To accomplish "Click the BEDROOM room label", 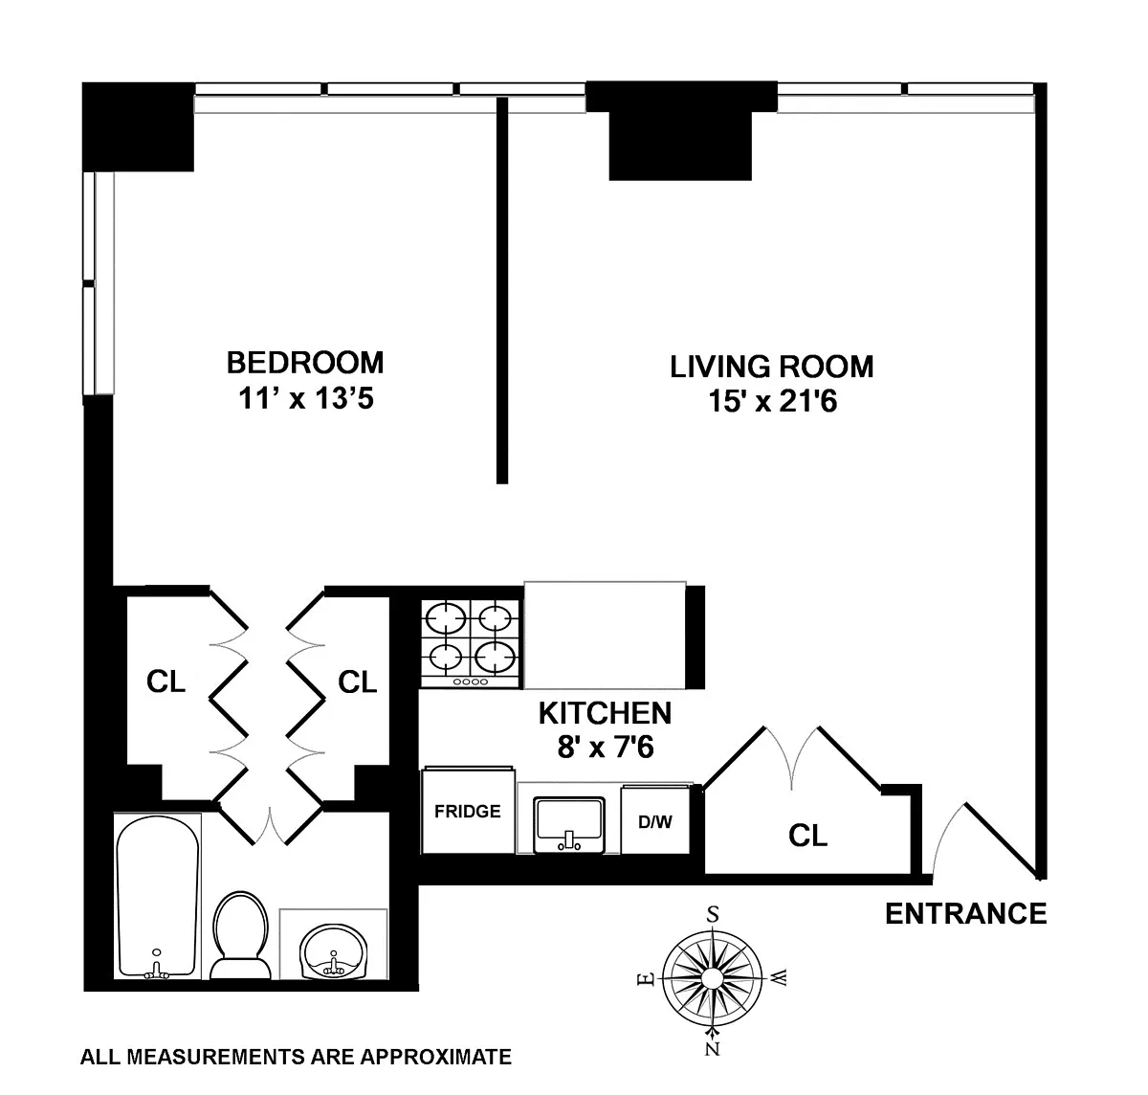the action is tap(305, 363).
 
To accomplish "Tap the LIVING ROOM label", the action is tap(771, 367).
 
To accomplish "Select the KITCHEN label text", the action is tap(605, 713).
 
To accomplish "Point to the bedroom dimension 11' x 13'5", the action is tap(306, 400).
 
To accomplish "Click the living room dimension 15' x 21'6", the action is tap(773, 401).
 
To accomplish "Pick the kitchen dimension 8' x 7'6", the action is tap(606, 748).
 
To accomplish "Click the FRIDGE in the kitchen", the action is tap(468, 811).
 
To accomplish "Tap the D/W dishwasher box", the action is tap(655, 820).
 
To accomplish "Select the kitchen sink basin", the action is tap(569, 824).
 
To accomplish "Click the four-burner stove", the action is tap(470, 643).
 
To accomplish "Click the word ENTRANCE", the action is tap(966, 914).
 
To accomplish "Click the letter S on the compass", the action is tap(713, 913).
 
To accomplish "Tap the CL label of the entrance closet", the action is tap(807, 836).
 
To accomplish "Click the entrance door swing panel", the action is tap(1003, 840).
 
